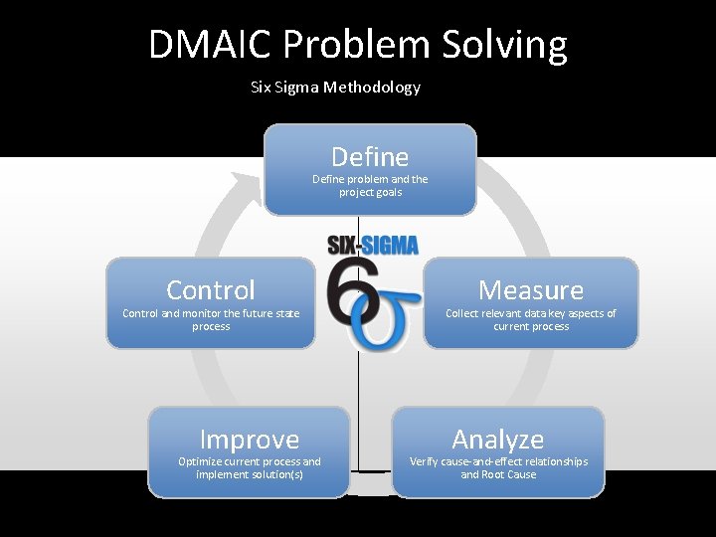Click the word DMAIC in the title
click(211, 46)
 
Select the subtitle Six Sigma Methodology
click(336, 88)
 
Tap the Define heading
click(370, 157)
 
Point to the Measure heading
click(531, 290)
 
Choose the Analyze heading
click(497, 440)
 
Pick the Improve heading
click(250, 440)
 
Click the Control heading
click(211, 290)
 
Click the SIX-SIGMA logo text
click(373, 245)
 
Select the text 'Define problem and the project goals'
click(370, 186)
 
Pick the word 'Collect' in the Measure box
click(462, 313)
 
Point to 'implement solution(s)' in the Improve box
click(250, 474)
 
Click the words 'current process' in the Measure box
click(531, 326)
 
